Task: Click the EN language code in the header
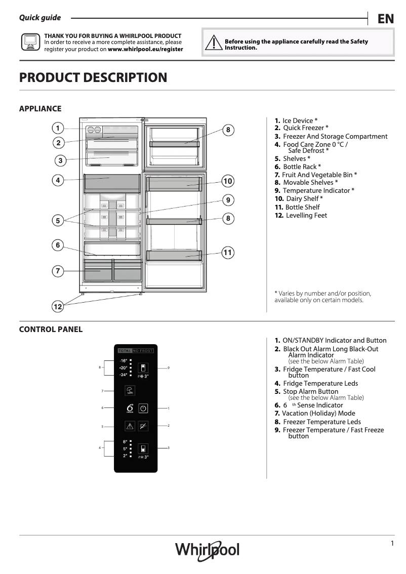385,19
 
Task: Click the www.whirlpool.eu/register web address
145,50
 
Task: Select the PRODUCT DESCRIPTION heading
93,77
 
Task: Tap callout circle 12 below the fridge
58,306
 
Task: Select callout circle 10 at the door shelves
228,181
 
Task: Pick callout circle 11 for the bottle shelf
228,252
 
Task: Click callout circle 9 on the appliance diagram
228,200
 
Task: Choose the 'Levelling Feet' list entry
306,216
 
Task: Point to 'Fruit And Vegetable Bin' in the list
319,175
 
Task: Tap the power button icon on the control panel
143,408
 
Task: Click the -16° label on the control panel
124,360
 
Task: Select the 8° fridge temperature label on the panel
125,442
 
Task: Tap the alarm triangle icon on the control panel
130,426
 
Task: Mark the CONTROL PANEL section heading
51,330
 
